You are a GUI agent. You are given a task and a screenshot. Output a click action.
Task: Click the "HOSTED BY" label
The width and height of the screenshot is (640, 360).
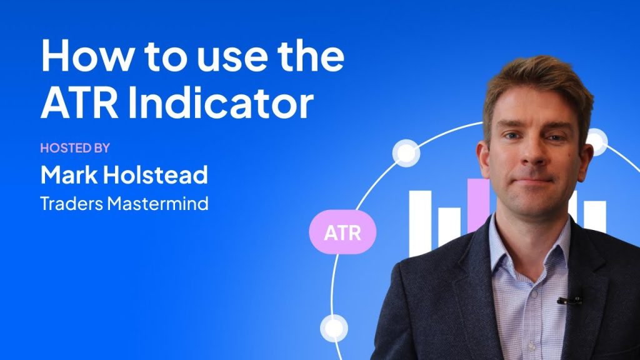[x=75, y=147]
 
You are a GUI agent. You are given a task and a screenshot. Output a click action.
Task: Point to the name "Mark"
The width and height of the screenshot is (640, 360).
[x=69, y=174]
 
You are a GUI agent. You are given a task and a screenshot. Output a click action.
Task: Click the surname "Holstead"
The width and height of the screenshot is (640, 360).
[x=156, y=174]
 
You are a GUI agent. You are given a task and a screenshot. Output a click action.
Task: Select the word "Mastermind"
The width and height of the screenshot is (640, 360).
[x=158, y=204]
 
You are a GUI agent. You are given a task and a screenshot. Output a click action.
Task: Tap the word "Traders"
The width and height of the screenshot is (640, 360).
[x=71, y=204]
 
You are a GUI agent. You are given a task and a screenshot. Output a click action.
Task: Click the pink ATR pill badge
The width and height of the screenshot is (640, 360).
[x=342, y=232]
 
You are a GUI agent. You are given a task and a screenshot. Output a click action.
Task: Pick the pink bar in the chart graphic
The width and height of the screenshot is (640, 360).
[x=478, y=204]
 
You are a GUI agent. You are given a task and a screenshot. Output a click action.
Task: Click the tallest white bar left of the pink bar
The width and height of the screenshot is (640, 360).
[x=421, y=223]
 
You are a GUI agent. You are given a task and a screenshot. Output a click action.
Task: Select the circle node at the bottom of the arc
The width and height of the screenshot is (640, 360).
[x=334, y=327]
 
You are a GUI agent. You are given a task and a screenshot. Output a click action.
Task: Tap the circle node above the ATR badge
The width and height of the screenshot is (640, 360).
[x=406, y=153]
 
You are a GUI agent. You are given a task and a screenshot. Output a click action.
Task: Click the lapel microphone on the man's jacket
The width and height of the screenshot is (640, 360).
[x=570, y=301]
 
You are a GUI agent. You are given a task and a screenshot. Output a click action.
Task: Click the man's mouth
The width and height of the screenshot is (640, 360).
[x=532, y=179]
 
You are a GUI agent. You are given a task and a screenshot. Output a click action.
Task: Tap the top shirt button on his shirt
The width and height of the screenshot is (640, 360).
[x=532, y=294]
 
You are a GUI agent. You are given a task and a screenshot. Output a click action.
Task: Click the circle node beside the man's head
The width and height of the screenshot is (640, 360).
[x=596, y=142]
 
